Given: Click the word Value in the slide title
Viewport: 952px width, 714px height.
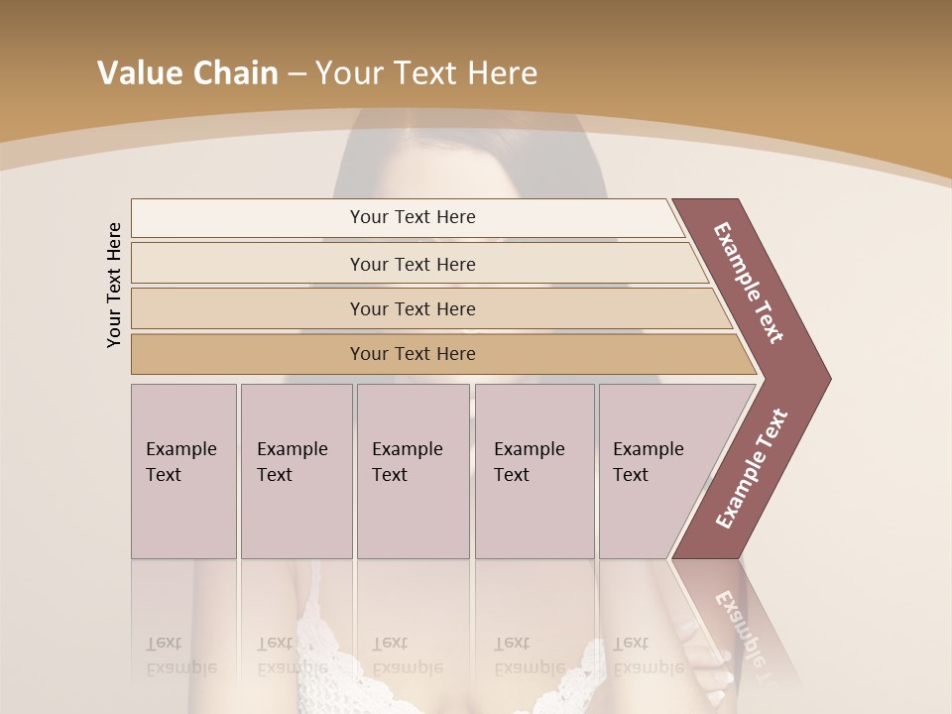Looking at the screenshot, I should coord(135,73).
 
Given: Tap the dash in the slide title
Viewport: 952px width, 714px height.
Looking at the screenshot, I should coord(296,74).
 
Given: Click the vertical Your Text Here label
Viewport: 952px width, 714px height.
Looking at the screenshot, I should coord(114,285).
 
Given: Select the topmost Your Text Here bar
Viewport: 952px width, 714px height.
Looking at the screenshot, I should coord(413,217).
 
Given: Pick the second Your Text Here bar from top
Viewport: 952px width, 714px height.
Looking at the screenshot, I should coord(413,264).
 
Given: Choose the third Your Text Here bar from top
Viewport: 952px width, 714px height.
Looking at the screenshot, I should coord(413,308).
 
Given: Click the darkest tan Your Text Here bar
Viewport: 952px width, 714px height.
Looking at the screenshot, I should coord(413,354).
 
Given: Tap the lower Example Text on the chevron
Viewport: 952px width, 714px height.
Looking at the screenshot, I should coord(751,469).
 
